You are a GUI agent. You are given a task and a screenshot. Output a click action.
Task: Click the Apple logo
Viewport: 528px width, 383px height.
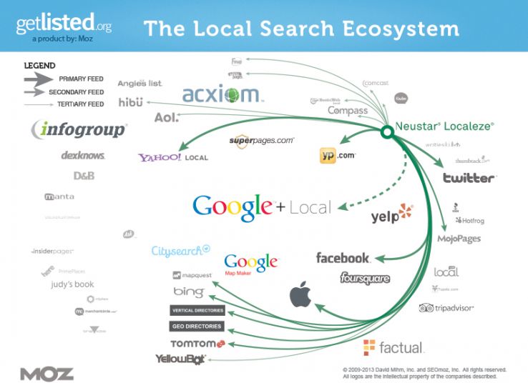coord(301,294)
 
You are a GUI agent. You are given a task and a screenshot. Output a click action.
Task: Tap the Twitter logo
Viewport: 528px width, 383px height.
coord(469,178)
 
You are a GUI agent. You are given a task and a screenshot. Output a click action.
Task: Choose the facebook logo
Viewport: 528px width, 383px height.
coord(343,258)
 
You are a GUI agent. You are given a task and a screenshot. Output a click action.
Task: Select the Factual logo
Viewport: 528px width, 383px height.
coord(393,348)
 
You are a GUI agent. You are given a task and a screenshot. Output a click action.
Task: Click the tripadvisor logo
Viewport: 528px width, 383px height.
coord(446,308)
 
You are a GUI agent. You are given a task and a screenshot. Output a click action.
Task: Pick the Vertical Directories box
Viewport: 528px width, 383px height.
coord(197,311)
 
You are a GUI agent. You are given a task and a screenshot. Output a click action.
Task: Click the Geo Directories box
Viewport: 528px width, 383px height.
coord(197,327)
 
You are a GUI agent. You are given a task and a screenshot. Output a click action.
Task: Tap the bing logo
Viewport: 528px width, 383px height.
coord(189,292)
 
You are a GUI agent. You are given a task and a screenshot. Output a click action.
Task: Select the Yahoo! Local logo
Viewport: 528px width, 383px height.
coord(174,157)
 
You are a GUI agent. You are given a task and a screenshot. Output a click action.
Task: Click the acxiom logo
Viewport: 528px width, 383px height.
coord(223,95)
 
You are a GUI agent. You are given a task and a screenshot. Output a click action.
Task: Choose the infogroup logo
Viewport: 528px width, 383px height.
coord(79,130)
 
